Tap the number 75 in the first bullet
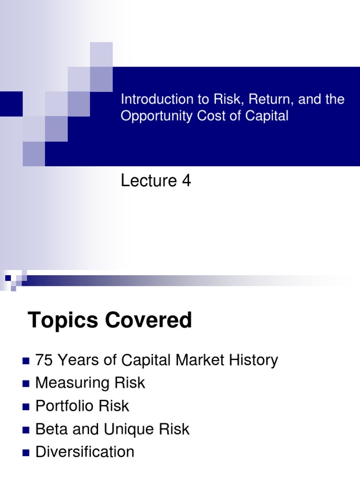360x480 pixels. tap(44, 360)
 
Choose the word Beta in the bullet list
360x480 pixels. tap(50, 429)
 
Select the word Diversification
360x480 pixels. tap(85, 452)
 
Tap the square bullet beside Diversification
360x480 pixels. tap(26, 453)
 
